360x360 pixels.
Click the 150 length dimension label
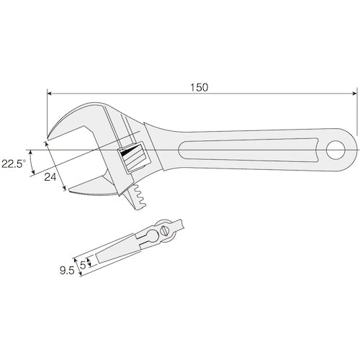199,87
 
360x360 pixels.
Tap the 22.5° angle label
14,164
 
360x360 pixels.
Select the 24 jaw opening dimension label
50,177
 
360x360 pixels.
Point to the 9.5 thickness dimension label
67,271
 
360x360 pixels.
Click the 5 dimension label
83,265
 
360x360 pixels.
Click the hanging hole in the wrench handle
336,150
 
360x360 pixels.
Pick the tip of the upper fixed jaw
48,138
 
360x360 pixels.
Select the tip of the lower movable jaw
70,190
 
